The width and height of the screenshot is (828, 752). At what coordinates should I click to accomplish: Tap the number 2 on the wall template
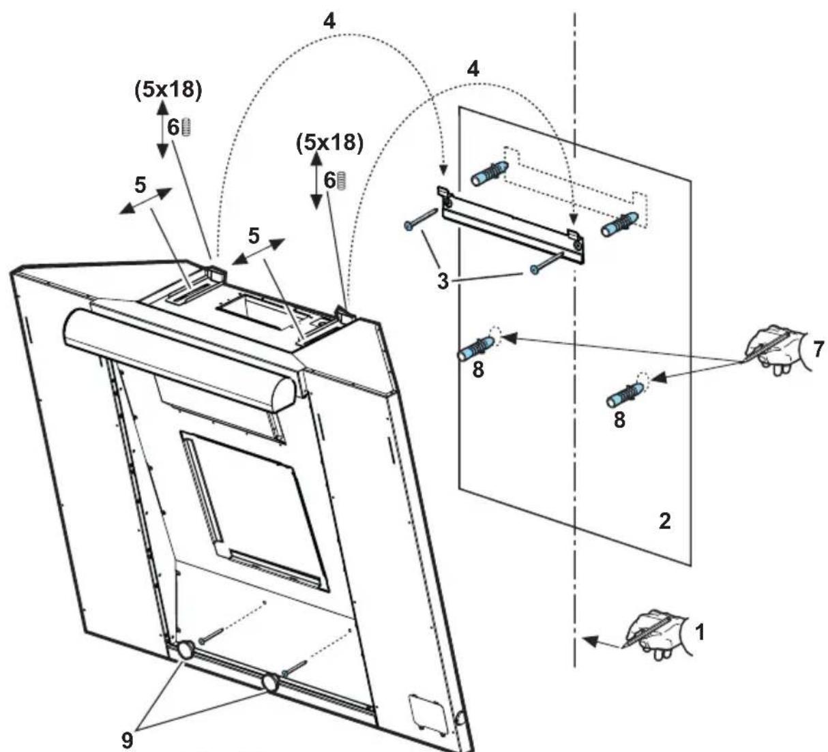(x=664, y=521)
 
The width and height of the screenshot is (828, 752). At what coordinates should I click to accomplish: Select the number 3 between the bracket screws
(x=443, y=280)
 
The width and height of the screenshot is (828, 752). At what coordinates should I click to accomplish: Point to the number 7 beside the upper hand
(x=818, y=348)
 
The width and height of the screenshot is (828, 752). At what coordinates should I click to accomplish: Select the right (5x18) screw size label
(x=329, y=142)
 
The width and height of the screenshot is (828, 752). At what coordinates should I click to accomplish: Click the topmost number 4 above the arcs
(x=329, y=21)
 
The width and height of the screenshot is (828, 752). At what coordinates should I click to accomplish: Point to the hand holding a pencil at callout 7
(x=774, y=348)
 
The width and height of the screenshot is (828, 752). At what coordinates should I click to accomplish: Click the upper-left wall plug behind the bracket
(x=488, y=173)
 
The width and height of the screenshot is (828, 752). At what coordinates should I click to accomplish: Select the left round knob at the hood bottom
(x=185, y=652)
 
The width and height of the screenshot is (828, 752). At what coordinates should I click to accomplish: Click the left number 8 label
(x=478, y=372)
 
